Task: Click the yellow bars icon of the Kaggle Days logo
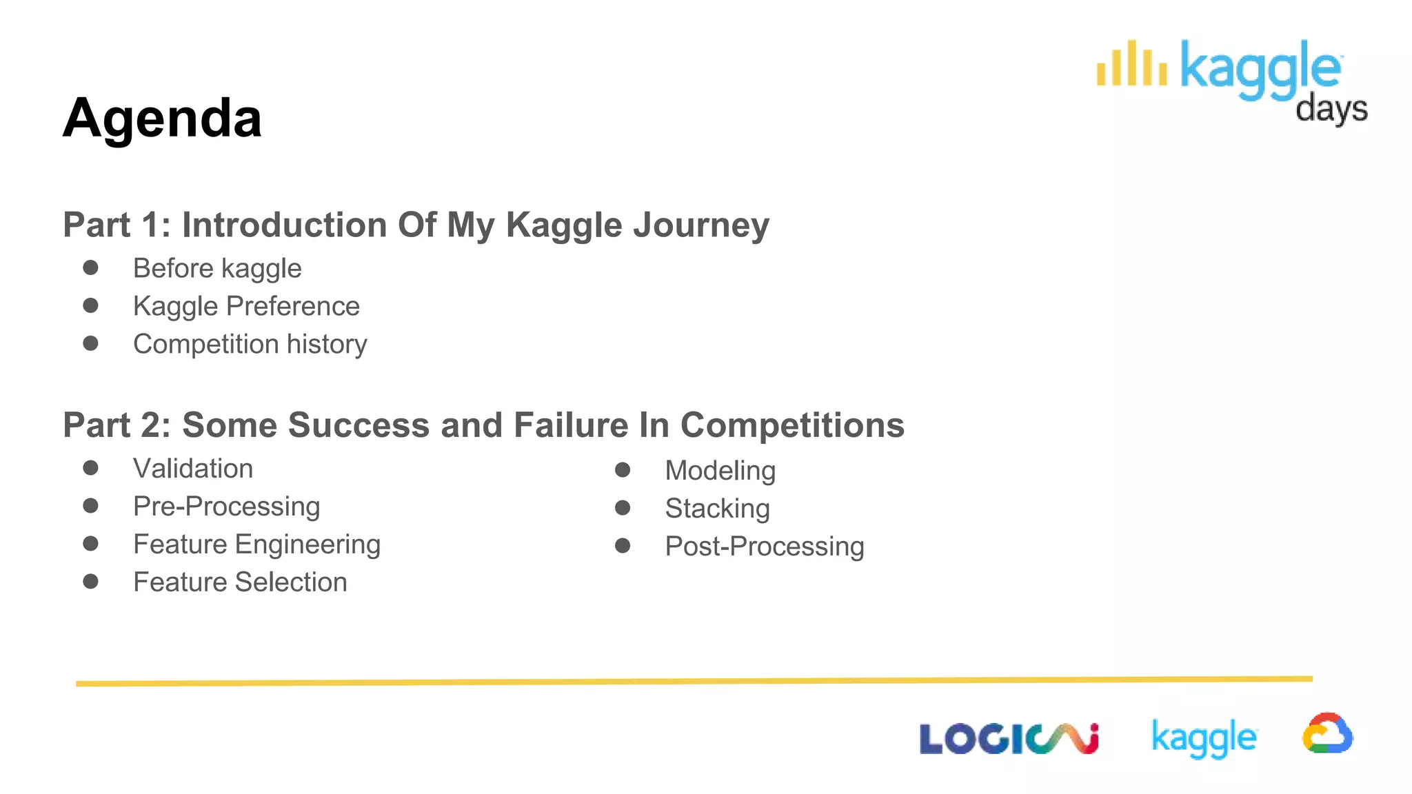coord(1131,64)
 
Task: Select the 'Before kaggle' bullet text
coord(217,268)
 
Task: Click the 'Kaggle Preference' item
coord(246,306)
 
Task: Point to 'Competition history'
coord(250,344)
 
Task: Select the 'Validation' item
coord(193,469)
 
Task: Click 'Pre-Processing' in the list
coord(226,507)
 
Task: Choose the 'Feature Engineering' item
coord(256,544)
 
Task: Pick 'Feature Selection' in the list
coord(240,582)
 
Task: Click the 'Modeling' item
coord(720,471)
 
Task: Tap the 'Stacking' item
coord(717,509)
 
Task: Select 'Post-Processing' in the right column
coord(764,547)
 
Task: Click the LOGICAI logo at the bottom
coord(1008,739)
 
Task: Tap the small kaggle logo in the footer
coord(1204,737)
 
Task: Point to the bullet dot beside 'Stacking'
coord(623,508)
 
